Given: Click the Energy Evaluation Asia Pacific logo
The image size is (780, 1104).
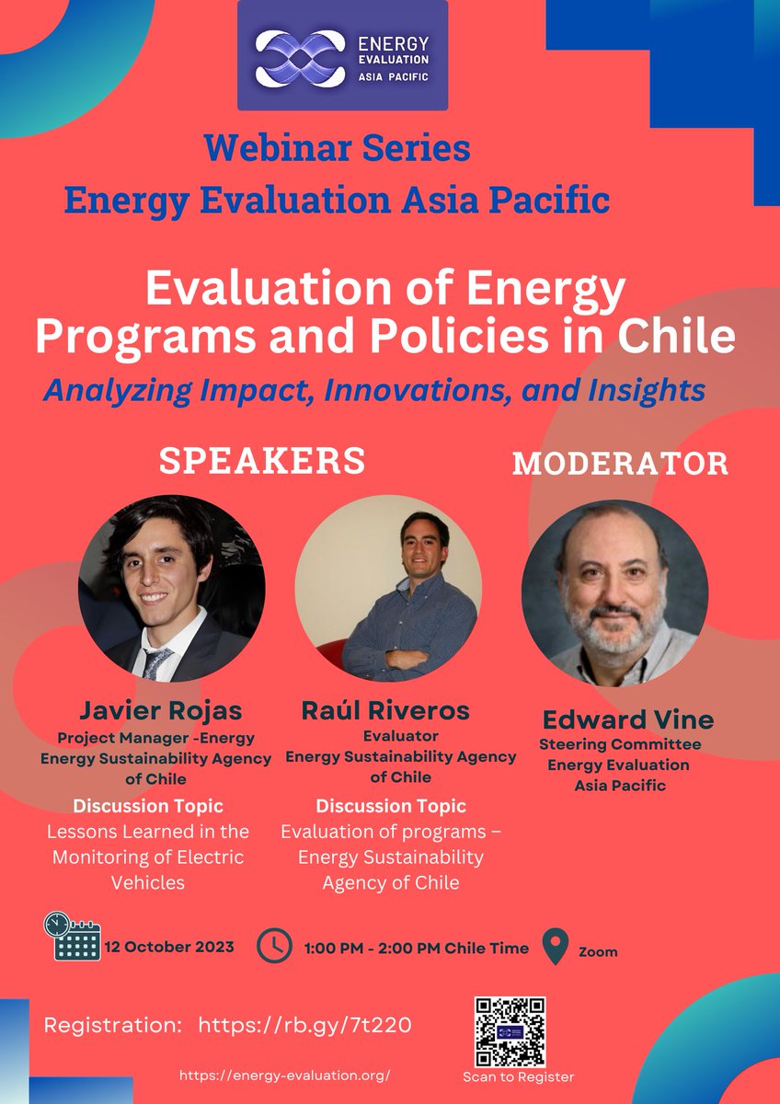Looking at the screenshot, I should (342, 56).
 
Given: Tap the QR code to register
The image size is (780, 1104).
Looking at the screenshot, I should (510, 1031).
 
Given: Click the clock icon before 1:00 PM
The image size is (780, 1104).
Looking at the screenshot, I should (274, 946).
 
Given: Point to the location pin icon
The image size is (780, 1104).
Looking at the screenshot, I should (556, 947).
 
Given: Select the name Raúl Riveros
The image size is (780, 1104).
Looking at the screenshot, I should (385, 710).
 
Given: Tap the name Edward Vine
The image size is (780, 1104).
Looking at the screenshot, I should (627, 719).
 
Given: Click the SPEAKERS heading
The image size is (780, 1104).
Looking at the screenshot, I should (262, 461).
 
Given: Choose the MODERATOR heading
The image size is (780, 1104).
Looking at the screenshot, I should (620, 464).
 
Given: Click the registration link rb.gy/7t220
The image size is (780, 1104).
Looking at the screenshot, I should (311, 1026).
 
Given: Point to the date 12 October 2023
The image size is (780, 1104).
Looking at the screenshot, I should (169, 947).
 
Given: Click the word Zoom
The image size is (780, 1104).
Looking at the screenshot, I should (598, 951).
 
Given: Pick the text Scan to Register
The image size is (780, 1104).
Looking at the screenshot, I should (519, 1076).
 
